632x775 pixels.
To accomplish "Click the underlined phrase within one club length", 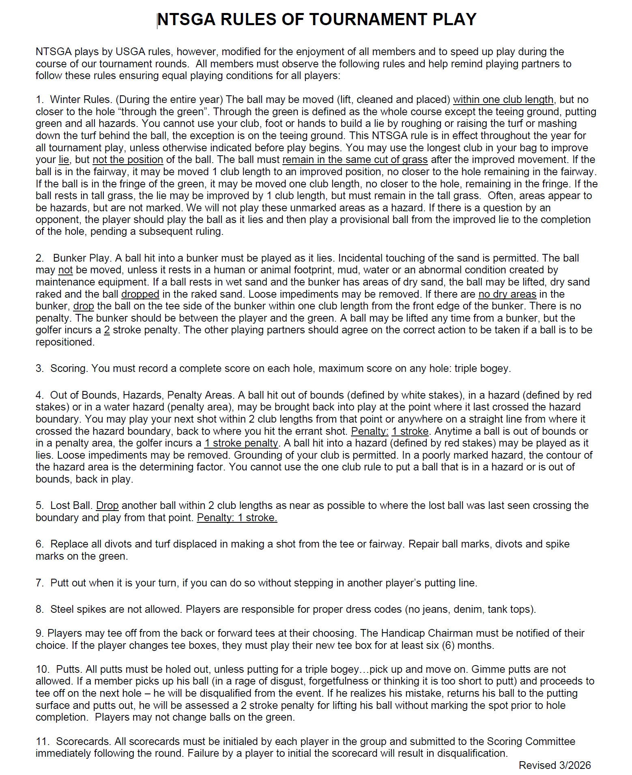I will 503,100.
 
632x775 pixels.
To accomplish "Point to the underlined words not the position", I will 128,160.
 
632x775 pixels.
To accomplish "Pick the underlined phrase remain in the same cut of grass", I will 355,160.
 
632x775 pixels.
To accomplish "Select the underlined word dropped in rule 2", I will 140,294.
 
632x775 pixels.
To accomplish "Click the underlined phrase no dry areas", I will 507,294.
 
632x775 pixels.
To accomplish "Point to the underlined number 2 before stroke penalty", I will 107,330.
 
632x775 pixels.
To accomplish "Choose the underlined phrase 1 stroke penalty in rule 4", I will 241,443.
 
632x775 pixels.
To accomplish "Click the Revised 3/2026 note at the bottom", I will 555,765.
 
